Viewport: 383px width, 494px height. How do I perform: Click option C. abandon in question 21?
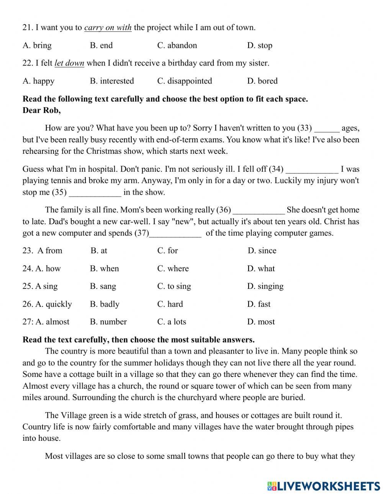tap(177, 46)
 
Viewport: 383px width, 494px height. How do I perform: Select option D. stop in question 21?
tap(260, 46)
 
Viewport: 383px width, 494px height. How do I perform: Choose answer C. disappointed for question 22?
tap(185, 81)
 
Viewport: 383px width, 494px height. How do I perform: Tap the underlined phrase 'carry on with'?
tap(108, 28)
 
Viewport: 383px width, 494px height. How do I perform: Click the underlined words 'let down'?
tap(69, 63)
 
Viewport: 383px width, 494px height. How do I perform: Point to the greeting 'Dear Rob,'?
tap(42, 111)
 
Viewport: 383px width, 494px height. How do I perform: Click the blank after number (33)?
tap(326, 129)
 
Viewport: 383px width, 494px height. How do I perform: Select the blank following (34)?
tap(312, 170)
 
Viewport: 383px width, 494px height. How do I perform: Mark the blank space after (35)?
tap(95, 192)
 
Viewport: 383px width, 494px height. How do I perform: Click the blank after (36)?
tap(259, 210)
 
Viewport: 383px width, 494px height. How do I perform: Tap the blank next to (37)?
tap(175, 233)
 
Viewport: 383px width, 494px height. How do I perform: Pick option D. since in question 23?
tap(262, 251)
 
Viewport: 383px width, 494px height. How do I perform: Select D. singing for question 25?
tap(265, 286)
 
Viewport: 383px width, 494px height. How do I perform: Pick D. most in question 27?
tap(261, 322)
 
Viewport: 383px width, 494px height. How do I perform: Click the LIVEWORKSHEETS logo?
tap(324, 486)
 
